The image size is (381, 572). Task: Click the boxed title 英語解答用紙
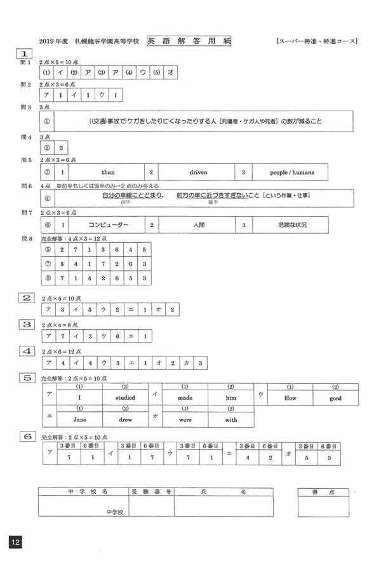pyautogui.click(x=189, y=41)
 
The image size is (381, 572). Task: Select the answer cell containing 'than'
pyautogui.click(x=108, y=172)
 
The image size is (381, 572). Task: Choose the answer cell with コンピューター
pyautogui.click(x=108, y=225)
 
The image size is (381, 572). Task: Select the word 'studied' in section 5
pyautogui.click(x=125, y=398)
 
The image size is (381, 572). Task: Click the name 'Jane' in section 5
pyautogui.click(x=80, y=419)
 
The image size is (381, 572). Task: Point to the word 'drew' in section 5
pyautogui.click(x=125, y=419)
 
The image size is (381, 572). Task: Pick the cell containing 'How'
pyautogui.click(x=290, y=398)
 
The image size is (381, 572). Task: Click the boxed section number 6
pyautogui.click(x=27, y=436)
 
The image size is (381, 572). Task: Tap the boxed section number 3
pyautogui.click(x=27, y=324)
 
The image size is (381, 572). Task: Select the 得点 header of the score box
pyautogui.click(x=323, y=492)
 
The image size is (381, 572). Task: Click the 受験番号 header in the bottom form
pyautogui.click(x=150, y=492)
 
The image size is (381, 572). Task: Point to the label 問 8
pyautogui.click(x=26, y=238)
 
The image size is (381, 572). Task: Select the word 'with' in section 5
pyautogui.click(x=231, y=419)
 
